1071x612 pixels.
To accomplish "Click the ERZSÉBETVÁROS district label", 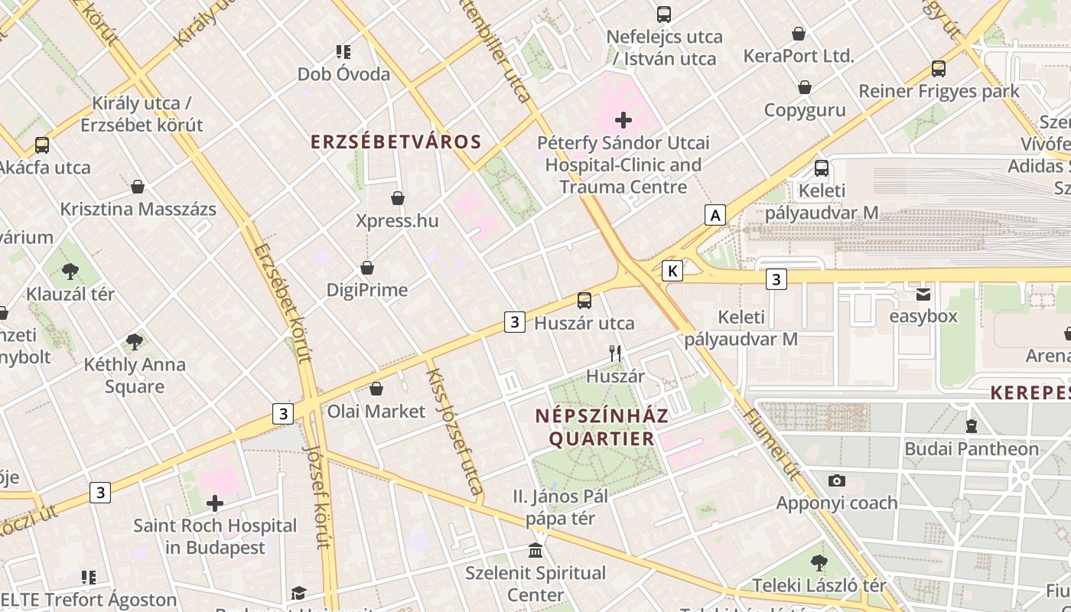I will click(x=396, y=142).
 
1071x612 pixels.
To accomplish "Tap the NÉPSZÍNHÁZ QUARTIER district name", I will click(x=601, y=427).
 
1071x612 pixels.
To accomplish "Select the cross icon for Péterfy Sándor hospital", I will click(x=623, y=119).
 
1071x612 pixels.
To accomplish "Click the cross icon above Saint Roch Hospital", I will click(x=215, y=503).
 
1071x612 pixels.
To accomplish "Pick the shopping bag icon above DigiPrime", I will click(x=367, y=268).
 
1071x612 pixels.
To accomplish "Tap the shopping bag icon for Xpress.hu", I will click(x=398, y=198).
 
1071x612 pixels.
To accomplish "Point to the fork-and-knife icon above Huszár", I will click(x=614, y=353).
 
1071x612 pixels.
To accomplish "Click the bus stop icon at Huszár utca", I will click(x=584, y=300).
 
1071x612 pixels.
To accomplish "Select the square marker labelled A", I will click(x=715, y=215).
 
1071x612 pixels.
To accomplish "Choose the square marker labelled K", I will click(x=672, y=270).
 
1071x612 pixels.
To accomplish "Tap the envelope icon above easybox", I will click(x=923, y=293).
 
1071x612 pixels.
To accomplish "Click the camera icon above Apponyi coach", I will click(x=837, y=480).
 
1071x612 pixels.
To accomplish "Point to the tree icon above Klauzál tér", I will click(x=70, y=270).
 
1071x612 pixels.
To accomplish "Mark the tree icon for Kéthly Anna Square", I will click(x=135, y=341).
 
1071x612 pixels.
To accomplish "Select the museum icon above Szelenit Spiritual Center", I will click(x=535, y=550).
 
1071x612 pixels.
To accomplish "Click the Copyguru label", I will click(x=805, y=110).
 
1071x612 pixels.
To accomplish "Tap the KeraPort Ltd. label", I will click(x=798, y=56).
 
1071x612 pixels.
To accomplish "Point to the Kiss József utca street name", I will click(x=454, y=432).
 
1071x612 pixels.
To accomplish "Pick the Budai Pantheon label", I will click(x=972, y=448).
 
